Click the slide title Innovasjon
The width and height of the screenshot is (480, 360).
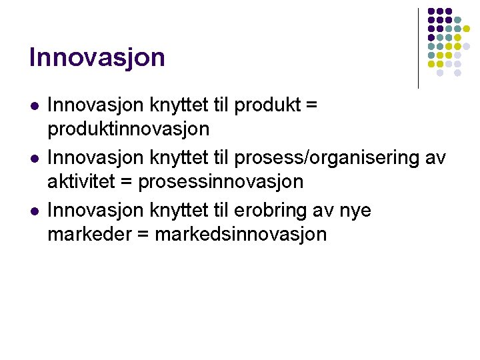(x=97, y=57)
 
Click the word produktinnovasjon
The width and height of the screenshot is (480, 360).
(x=128, y=129)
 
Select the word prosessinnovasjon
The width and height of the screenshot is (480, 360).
(x=221, y=181)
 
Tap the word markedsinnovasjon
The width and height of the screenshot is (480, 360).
(x=241, y=234)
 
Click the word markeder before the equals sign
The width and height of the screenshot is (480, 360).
(x=90, y=234)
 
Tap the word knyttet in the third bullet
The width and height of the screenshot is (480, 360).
(x=176, y=211)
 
